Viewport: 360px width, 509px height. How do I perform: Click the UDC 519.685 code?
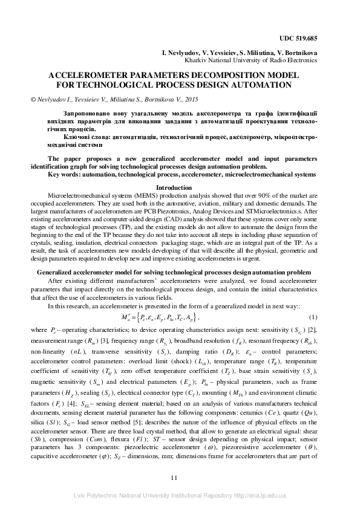pyautogui.click(x=298, y=38)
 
